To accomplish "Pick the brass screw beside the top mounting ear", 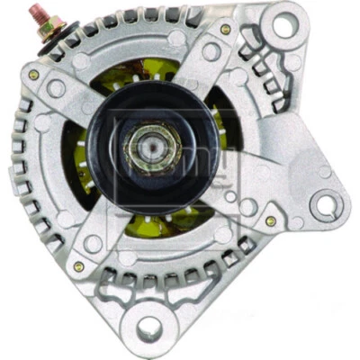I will click(x=225, y=29).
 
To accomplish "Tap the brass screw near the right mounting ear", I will click(x=270, y=220).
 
